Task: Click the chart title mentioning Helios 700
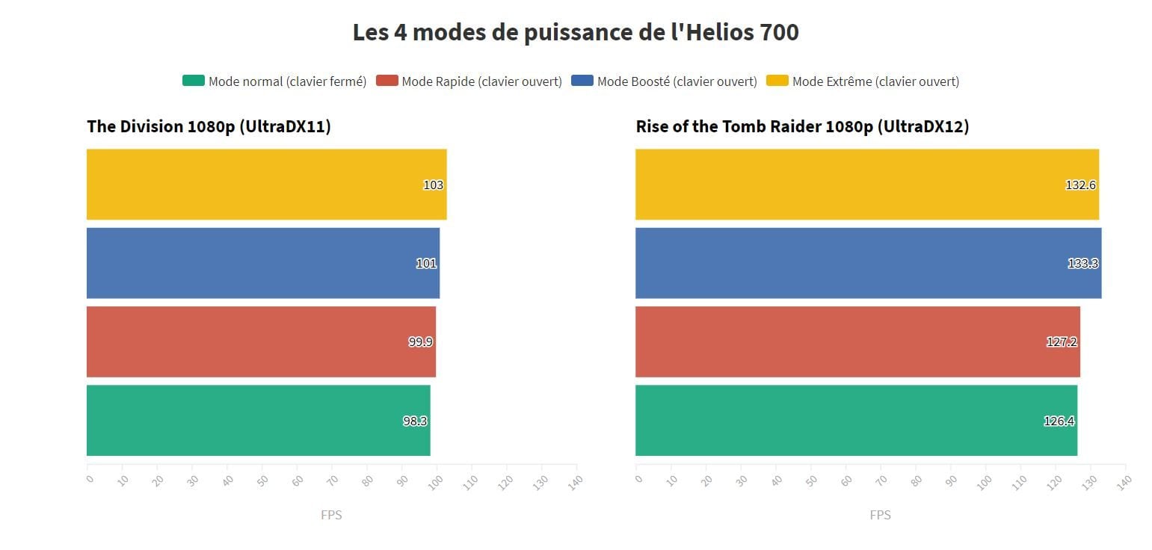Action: (576, 33)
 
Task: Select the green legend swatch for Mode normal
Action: (193, 81)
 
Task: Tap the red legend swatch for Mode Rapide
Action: (386, 81)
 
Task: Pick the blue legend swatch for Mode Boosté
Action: (582, 81)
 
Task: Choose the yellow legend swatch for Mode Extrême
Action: (777, 81)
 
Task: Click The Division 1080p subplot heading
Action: (209, 127)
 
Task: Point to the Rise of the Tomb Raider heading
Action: (802, 127)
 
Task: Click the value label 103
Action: (433, 185)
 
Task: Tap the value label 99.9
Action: (420, 342)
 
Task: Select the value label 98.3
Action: (415, 421)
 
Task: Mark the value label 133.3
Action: (1082, 264)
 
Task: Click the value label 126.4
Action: (1059, 421)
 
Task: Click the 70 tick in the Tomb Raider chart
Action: (881, 481)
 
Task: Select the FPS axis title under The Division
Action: (331, 515)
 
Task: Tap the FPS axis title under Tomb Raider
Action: (880, 515)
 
